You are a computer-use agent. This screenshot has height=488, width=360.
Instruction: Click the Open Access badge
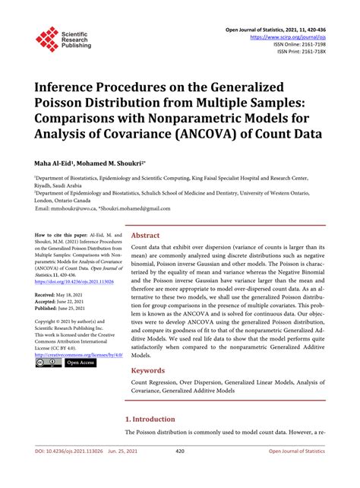pos(79,363)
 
